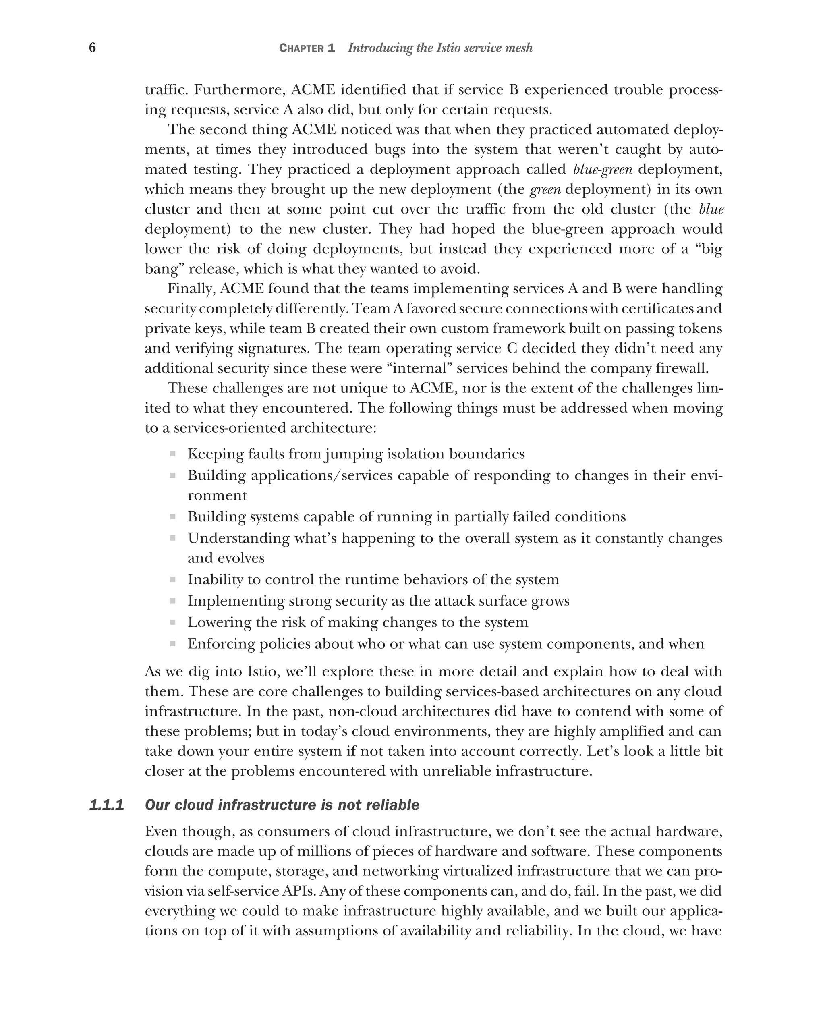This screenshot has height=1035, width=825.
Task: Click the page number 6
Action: click(x=92, y=48)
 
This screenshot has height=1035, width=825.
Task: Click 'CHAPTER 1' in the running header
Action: click(x=307, y=48)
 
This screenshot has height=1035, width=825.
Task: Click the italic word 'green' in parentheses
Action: click(x=545, y=189)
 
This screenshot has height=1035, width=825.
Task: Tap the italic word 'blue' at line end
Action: click(x=711, y=209)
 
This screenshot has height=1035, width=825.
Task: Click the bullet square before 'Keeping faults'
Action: click(x=172, y=454)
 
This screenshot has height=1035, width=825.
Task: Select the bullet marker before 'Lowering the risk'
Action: click(x=172, y=622)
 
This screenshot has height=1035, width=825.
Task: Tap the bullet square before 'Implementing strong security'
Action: click(x=172, y=601)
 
